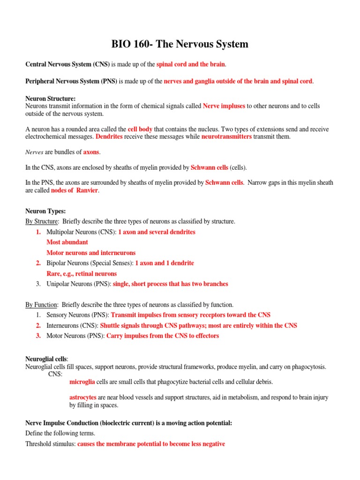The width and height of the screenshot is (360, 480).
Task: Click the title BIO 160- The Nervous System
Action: coord(180,45)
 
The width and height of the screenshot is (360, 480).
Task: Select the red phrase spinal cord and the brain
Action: coord(191,64)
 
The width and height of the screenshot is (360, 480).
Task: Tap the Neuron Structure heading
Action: coord(50,99)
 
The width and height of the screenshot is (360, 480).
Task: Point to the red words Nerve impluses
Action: coord(224,106)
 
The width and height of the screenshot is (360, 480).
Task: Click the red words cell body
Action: coord(140,129)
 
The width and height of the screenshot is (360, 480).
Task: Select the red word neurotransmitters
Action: coord(226,136)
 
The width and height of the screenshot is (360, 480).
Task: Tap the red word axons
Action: coord(91,152)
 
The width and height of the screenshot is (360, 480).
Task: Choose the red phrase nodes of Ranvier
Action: coord(74,190)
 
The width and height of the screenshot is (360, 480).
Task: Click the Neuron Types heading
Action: coord(45,211)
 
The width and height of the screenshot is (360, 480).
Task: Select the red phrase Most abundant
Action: coord(67,242)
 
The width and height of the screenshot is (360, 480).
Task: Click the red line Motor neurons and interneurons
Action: coord(91,253)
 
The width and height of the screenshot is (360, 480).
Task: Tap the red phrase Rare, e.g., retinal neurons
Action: coord(82,273)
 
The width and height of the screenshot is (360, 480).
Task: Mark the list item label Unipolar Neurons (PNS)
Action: coord(79,284)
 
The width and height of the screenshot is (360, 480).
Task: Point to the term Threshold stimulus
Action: coord(50,443)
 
